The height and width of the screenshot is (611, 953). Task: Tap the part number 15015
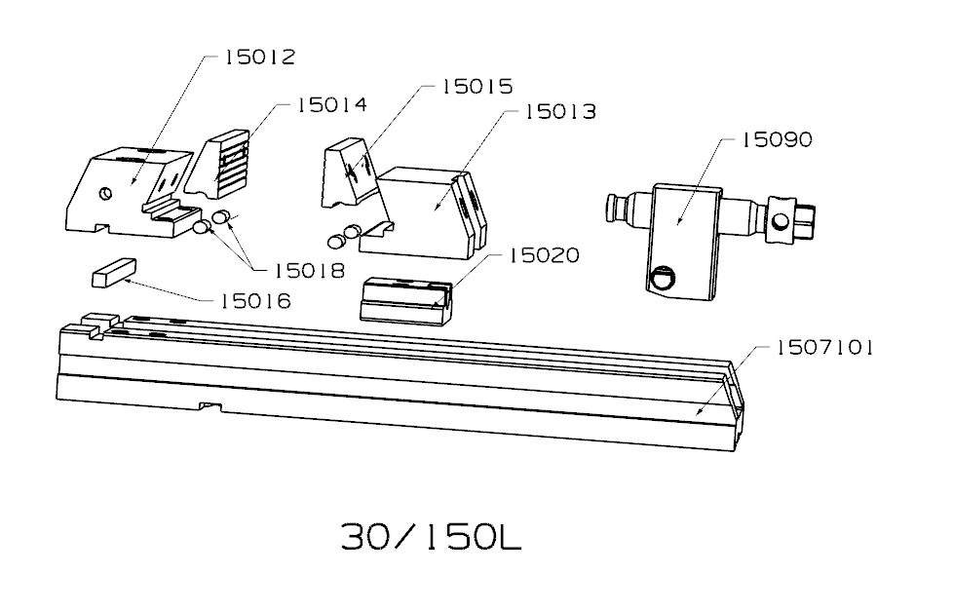pyautogui.click(x=476, y=87)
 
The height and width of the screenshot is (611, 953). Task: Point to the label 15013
pyautogui.click(x=560, y=113)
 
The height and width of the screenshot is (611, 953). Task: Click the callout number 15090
pyautogui.click(x=776, y=140)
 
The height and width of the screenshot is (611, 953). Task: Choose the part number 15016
pyautogui.click(x=254, y=301)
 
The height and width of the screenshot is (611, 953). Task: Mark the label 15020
pyautogui.click(x=544, y=256)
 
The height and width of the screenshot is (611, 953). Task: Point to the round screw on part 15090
pyautogui.click(x=663, y=280)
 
